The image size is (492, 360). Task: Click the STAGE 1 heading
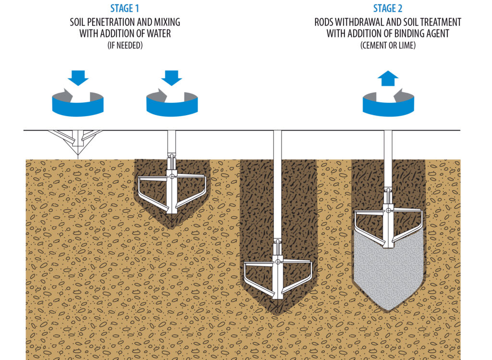pyautogui.click(x=125, y=9)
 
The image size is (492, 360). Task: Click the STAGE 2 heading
pyautogui.click(x=388, y=9)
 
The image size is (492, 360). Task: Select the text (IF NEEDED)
pyautogui.click(x=125, y=45)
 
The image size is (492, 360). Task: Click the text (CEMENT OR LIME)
pyautogui.click(x=388, y=45)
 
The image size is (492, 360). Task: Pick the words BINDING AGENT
pyautogui.click(x=422, y=33)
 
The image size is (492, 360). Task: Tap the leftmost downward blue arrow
pyautogui.click(x=78, y=77)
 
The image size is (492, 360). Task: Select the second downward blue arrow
pyautogui.click(x=172, y=77)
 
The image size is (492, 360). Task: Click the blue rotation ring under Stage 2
pyautogui.click(x=388, y=106)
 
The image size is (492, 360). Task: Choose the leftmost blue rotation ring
pyautogui.click(x=78, y=106)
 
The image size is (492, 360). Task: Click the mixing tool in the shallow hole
pyautogui.click(x=172, y=187)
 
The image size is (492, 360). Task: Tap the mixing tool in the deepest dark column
pyautogui.click(x=278, y=274)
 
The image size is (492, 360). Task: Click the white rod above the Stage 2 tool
pyautogui.click(x=388, y=158)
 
